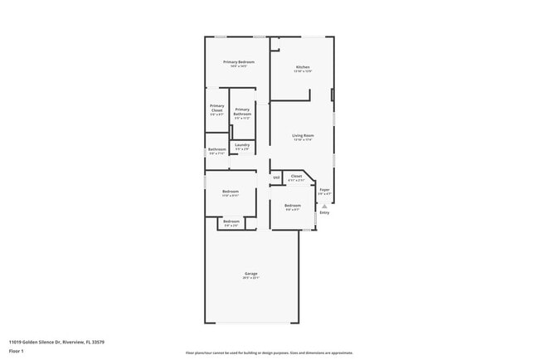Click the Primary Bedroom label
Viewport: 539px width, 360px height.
(x=238, y=62)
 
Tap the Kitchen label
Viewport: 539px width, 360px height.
(x=303, y=66)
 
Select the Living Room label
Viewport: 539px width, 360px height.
(x=303, y=135)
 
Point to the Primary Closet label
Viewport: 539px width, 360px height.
(x=216, y=107)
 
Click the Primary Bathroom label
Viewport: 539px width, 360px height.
(x=242, y=111)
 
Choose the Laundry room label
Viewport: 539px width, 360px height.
(x=242, y=144)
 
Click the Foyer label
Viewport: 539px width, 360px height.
(x=324, y=189)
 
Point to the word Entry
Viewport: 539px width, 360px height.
(x=324, y=212)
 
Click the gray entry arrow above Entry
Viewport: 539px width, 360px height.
(x=324, y=205)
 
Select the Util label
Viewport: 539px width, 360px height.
(x=276, y=178)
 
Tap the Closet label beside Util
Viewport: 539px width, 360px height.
(x=296, y=176)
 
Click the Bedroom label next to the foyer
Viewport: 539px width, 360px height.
(x=293, y=205)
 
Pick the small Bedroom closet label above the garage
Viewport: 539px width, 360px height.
(x=231, y=221)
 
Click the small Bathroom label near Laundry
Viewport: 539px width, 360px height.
(x=216, y=149)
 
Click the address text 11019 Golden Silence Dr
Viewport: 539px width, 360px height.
(x=56, y=342)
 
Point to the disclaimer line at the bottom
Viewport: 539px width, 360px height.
(x=269, y=353)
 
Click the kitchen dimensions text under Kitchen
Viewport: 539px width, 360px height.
(x=303, y=71)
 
